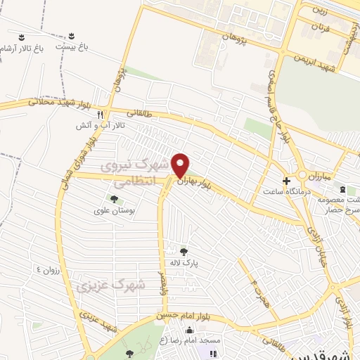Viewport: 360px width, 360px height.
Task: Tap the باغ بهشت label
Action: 74,46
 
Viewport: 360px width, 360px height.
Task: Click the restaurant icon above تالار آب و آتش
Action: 101,114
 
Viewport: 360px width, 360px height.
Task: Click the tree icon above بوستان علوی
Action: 113,200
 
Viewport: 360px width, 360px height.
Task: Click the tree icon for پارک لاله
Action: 184,251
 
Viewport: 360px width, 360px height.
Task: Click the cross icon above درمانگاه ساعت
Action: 285,180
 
